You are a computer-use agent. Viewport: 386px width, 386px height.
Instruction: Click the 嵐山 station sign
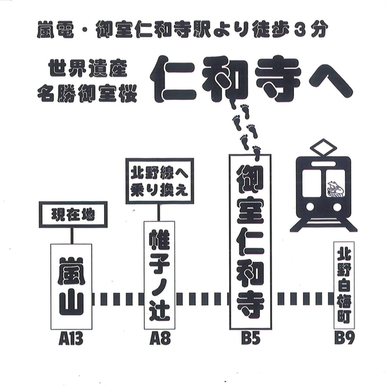(71, 286)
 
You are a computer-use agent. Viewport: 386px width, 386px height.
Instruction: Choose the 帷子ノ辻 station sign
(160, 275)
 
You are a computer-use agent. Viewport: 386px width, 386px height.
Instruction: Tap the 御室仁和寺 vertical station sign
(251, 241)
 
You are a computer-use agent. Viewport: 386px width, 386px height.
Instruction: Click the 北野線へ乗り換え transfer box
(161, 183)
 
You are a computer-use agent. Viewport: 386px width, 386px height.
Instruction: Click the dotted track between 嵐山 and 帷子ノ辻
(117, 299)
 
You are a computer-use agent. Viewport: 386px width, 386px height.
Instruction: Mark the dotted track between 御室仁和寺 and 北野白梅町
(302, 299)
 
